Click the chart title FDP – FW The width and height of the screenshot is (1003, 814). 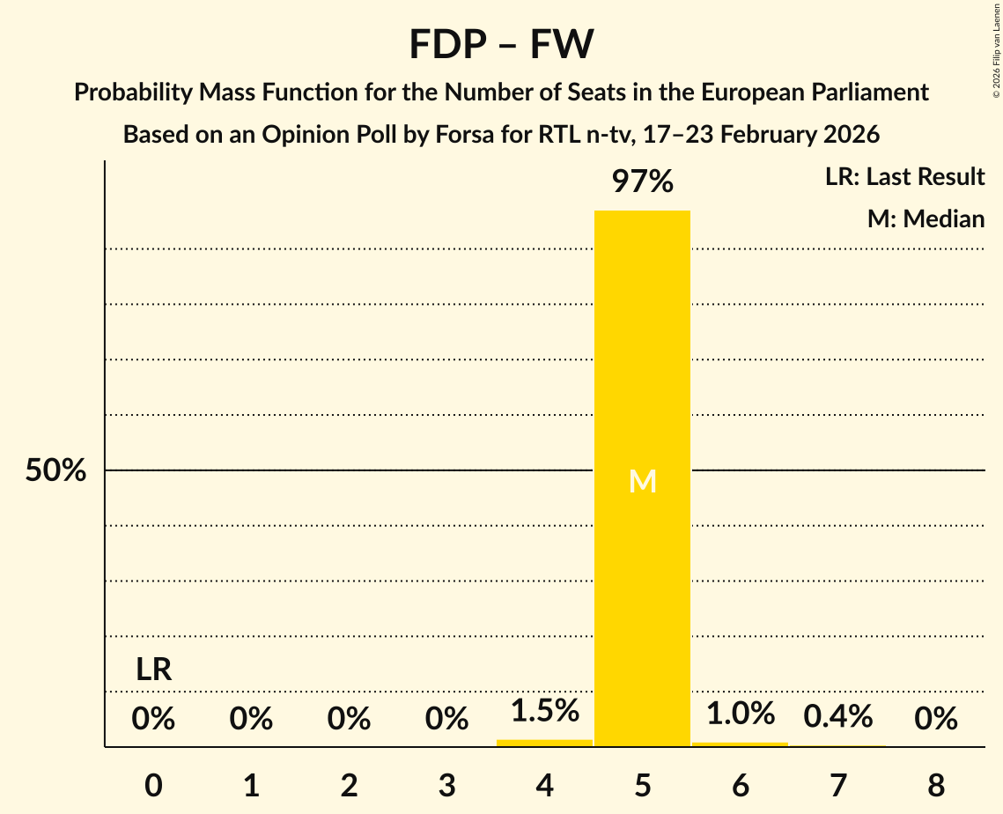(501, 44)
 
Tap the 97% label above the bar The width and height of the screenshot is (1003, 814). (642, 182)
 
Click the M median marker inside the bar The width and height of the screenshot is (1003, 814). (642, 482)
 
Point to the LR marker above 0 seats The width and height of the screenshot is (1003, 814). (153, 670)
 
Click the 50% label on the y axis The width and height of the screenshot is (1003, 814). (55, 470)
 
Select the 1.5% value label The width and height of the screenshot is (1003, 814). (544, 710)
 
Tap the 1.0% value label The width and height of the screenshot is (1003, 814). (740, 713)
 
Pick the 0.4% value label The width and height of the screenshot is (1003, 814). (837, 716)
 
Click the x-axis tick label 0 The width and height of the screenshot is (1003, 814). (153, 784)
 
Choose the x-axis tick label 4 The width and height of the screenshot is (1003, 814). (544, 784)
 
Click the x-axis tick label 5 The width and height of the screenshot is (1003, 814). (642, 784)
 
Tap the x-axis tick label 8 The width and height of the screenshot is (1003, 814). (935, 784)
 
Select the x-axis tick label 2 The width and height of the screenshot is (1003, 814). (349, 784)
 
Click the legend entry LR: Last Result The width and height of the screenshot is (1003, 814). (904, 177)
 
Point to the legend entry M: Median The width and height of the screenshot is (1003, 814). (926, 218)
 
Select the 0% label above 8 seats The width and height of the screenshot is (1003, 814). (935, 720)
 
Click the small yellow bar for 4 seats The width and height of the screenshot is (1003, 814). (544, 743)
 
